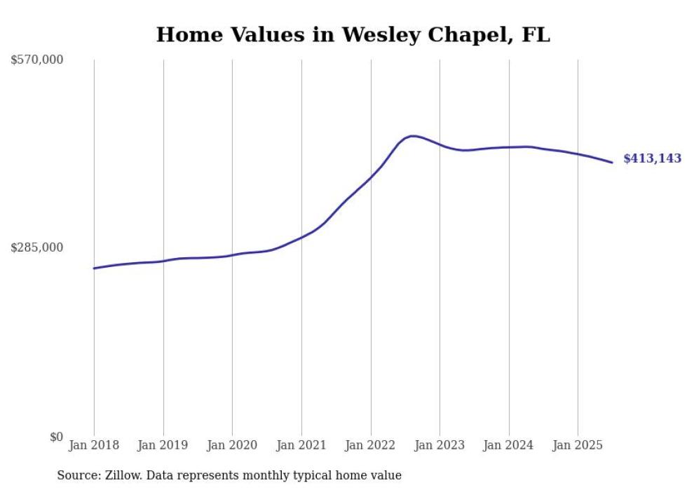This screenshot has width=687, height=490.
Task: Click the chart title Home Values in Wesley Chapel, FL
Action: pos(353,35)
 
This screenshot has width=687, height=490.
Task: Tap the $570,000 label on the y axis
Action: pos(37,60)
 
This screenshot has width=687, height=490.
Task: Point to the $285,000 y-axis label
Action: pos(37,247)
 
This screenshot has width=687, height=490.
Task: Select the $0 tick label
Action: pos(56,437)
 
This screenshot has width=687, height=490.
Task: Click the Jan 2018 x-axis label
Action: pos(94,445)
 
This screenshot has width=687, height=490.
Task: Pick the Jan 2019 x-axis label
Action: pos(163,445)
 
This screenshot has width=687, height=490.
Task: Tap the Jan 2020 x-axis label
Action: pos(232,445)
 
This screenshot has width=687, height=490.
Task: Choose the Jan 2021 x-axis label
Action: pos(301,445)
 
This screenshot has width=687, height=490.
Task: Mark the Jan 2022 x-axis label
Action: pos(371,445)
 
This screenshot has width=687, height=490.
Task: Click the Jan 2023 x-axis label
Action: pos(440,445)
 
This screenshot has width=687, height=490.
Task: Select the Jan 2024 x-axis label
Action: pos(509,445)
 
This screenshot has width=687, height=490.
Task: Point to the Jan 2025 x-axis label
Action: pos(578,445)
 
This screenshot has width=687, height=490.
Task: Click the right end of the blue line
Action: pos(612,163)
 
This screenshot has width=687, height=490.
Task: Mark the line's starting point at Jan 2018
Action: pos(94,268)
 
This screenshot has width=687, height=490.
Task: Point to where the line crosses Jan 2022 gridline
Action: pos(371,177)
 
